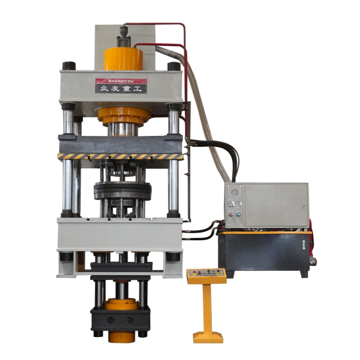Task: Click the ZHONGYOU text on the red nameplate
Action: click(121, 81)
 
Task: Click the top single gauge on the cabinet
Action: click(234, 192)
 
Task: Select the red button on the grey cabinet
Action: click(231, 215)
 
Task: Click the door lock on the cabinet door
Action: click(304, 205)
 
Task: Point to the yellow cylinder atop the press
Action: click(123, 59)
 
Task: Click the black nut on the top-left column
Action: click(69, 66)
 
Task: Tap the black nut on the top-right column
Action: click(173, 66)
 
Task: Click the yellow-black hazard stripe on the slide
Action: click(120, 157)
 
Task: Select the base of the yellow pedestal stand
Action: click(208, 337)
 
